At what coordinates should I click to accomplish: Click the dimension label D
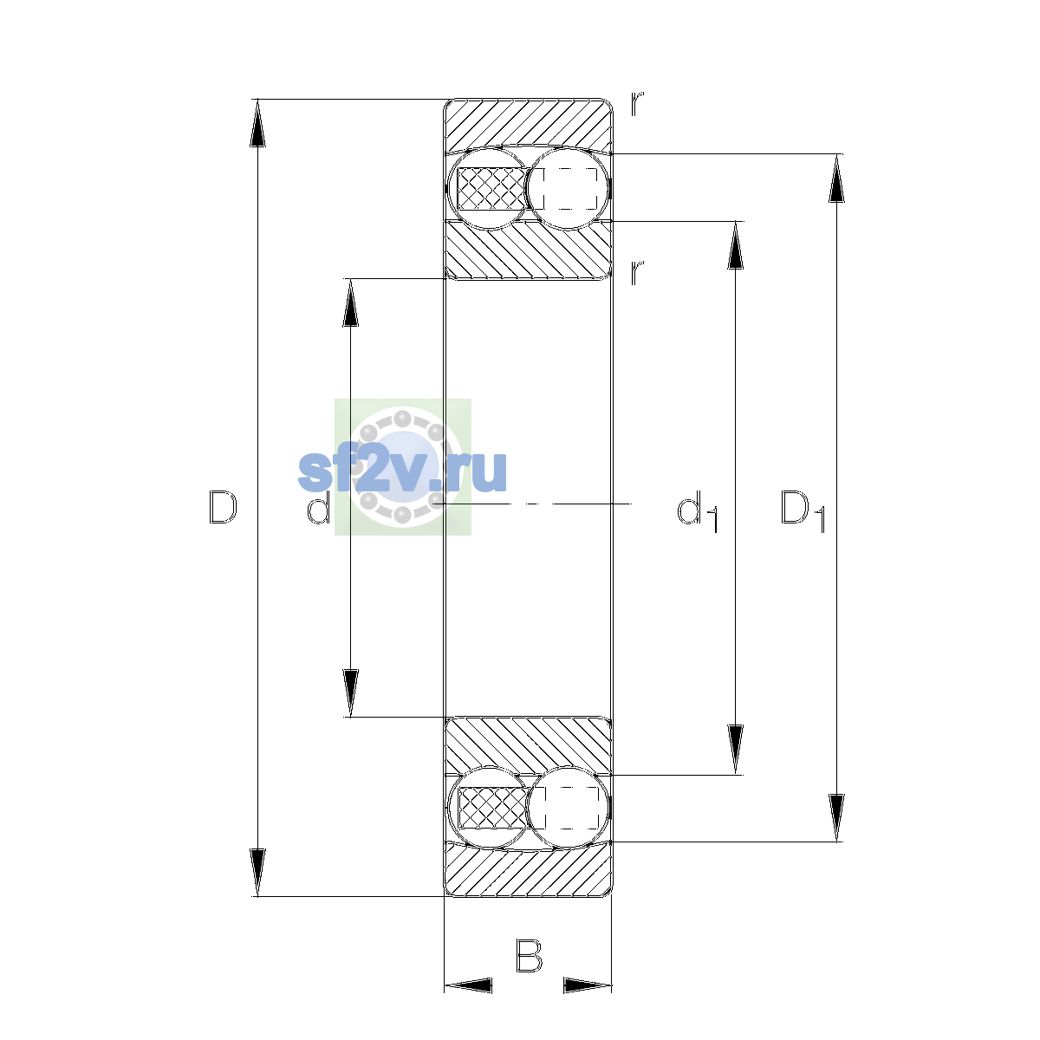(223, 507)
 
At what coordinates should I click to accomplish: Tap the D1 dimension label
(803, 511)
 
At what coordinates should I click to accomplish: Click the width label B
(529, 956)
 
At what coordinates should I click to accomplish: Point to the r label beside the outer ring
(637, 104)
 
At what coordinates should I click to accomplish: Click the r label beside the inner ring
(637, 272)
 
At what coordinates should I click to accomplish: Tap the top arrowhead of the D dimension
(258, 123)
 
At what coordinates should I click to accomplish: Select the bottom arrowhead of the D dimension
(258, 873)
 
